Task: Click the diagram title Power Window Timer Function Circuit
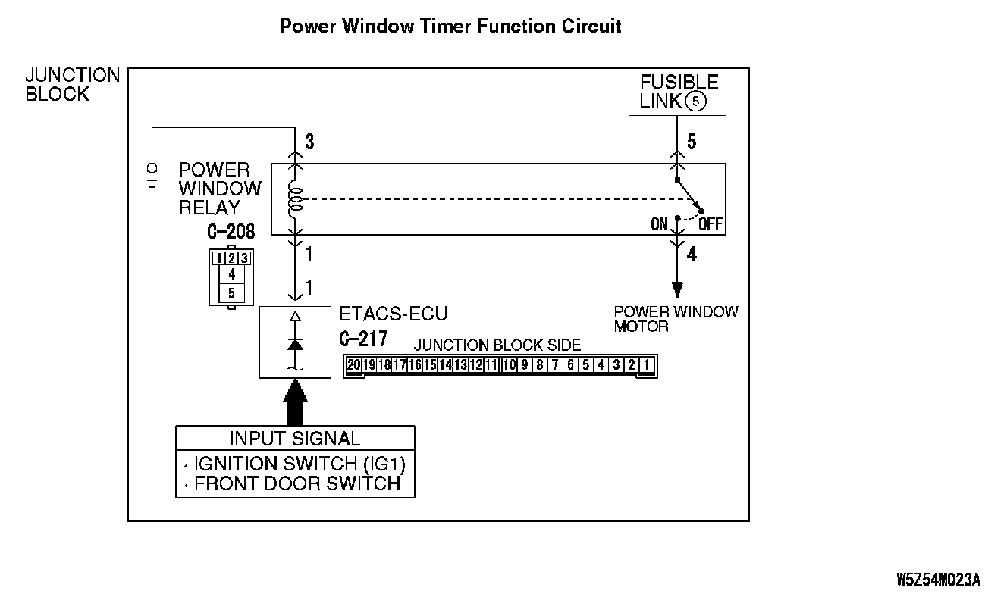(x=450, y=27)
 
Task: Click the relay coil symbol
(x=295, y=199)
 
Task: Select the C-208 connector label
(x=231, y=231)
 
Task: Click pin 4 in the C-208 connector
(x=231, y=274)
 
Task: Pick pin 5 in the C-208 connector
(x=231, y=292)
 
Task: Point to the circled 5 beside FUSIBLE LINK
(x=695, y=102)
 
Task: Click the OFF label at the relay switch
(x=711, y=224)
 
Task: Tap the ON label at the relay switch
(x=660, y=224)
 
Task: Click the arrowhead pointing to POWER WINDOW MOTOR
(x=676, y=290)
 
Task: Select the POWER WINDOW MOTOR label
(x=675, y=319)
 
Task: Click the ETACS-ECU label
(x=393, y=314)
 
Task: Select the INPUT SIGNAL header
(x=295, y=438)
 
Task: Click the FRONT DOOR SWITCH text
(x=297, y=483)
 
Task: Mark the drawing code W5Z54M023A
(x=938, y=580)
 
